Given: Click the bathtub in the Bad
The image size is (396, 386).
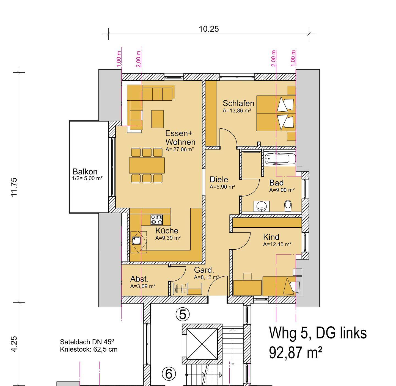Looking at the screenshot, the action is pyautogui.click(x=280, y=159).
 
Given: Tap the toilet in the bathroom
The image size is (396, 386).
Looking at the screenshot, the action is pyautogui.click(x=288, y=206).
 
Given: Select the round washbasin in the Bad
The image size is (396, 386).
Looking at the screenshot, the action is pyautogui.click(x=261, y=206).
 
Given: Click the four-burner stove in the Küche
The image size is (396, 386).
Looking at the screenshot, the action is pyautogui.click(x=157, y=220).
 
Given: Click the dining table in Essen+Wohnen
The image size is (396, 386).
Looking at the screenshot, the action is pyautogui.click(x=147, y=166).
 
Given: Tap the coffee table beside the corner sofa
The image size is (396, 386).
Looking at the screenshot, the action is pyautogui.click(x=157, y=119).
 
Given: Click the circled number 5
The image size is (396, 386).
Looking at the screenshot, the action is pyautogui.click(x=183, y=314).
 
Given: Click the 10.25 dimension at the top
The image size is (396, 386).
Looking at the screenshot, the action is pyautogui.click(x=208, y=29).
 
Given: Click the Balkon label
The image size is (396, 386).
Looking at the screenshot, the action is pyautogui.click(x=85, y=172).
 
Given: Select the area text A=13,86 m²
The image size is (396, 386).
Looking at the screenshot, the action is pyautogui.click(x=237, y=111).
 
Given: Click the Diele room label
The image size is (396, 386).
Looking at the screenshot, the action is pyautogui.click(x=219, y=180).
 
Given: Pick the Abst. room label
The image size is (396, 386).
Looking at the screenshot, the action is pyautogui.click(x=139, y=279).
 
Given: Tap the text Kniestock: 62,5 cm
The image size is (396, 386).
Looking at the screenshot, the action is pyautogui.click(x=89, y=349).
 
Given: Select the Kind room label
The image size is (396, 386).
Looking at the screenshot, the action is pyautogui.click(x=271, y=237).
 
